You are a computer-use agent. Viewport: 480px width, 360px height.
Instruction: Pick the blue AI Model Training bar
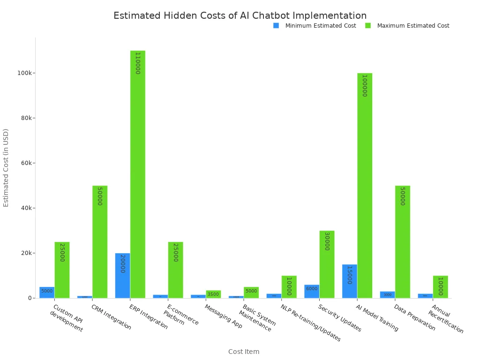(x=349, y=281)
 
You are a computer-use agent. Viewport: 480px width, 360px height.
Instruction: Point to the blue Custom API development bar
(x=47, y=292)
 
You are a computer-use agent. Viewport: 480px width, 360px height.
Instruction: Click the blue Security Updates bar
(x=312, y=291)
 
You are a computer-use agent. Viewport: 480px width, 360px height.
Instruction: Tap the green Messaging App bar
(x=213, y=294)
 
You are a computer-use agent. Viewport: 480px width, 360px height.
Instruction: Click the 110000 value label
(x=137, y=63)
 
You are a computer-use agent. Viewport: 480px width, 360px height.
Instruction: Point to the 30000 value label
(x=327, y=241)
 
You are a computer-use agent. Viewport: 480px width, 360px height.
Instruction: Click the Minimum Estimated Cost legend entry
(x=315, y=26)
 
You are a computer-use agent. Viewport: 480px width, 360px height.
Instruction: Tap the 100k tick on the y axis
(x=24, y=73)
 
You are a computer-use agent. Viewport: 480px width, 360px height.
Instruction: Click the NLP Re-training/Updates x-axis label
(x=310, y=323)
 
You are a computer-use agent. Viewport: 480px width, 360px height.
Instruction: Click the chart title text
(x=240, y=15)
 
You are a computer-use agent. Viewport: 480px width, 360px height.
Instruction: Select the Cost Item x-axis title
(x=244, y=352)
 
